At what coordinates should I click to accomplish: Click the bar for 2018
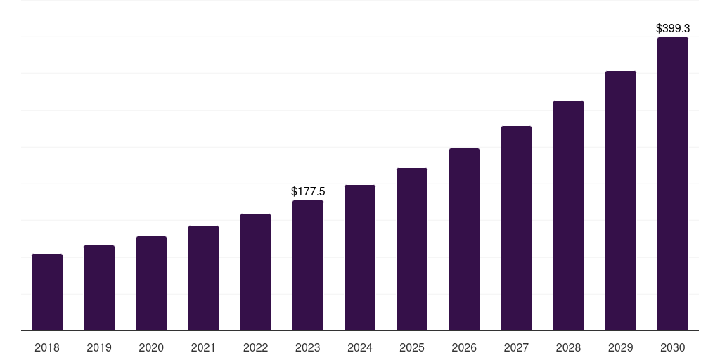[x=47, y=292]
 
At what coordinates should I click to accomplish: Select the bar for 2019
[x=99, y=288]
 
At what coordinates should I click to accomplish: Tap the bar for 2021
[x=203, y=278]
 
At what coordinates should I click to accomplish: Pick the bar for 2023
[x=308, y=265]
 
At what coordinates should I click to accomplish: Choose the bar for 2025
[x=412, y=249]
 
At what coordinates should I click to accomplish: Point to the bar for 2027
[x=516, y=228]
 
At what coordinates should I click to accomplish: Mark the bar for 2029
[x=621, y=200]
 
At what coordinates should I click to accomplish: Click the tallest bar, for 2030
[x=673, y=184]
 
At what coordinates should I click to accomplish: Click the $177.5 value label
[x=308, y=191]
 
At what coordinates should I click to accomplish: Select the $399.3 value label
[x=673, y=29]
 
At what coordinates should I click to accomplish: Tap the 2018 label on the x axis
[x=47, y=347]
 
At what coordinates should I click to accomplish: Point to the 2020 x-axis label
[x=151, y=347]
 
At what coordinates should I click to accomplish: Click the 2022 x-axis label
[x=255, y=347]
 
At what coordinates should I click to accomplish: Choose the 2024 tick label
[x=360, y=347]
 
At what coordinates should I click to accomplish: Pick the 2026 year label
[x=464, y=347]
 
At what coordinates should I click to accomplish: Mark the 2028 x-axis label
[x=568, y=347]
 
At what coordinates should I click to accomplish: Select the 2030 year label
[x=673, y=347]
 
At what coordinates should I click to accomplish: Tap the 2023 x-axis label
[x=308, y=347]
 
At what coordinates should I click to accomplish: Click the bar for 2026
[x=464, y=239]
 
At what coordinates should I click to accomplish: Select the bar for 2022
[x=255, y=272]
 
